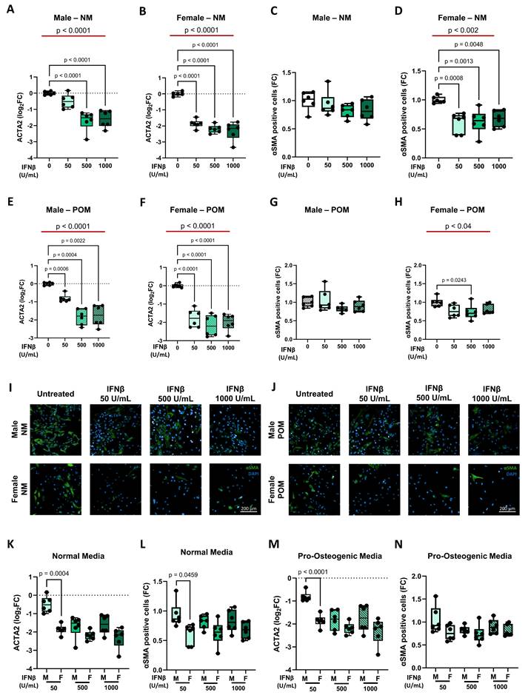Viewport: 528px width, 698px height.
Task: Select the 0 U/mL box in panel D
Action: (x=440, y=99)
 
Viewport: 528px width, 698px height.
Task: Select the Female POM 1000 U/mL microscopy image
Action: (x=492, y=483)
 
